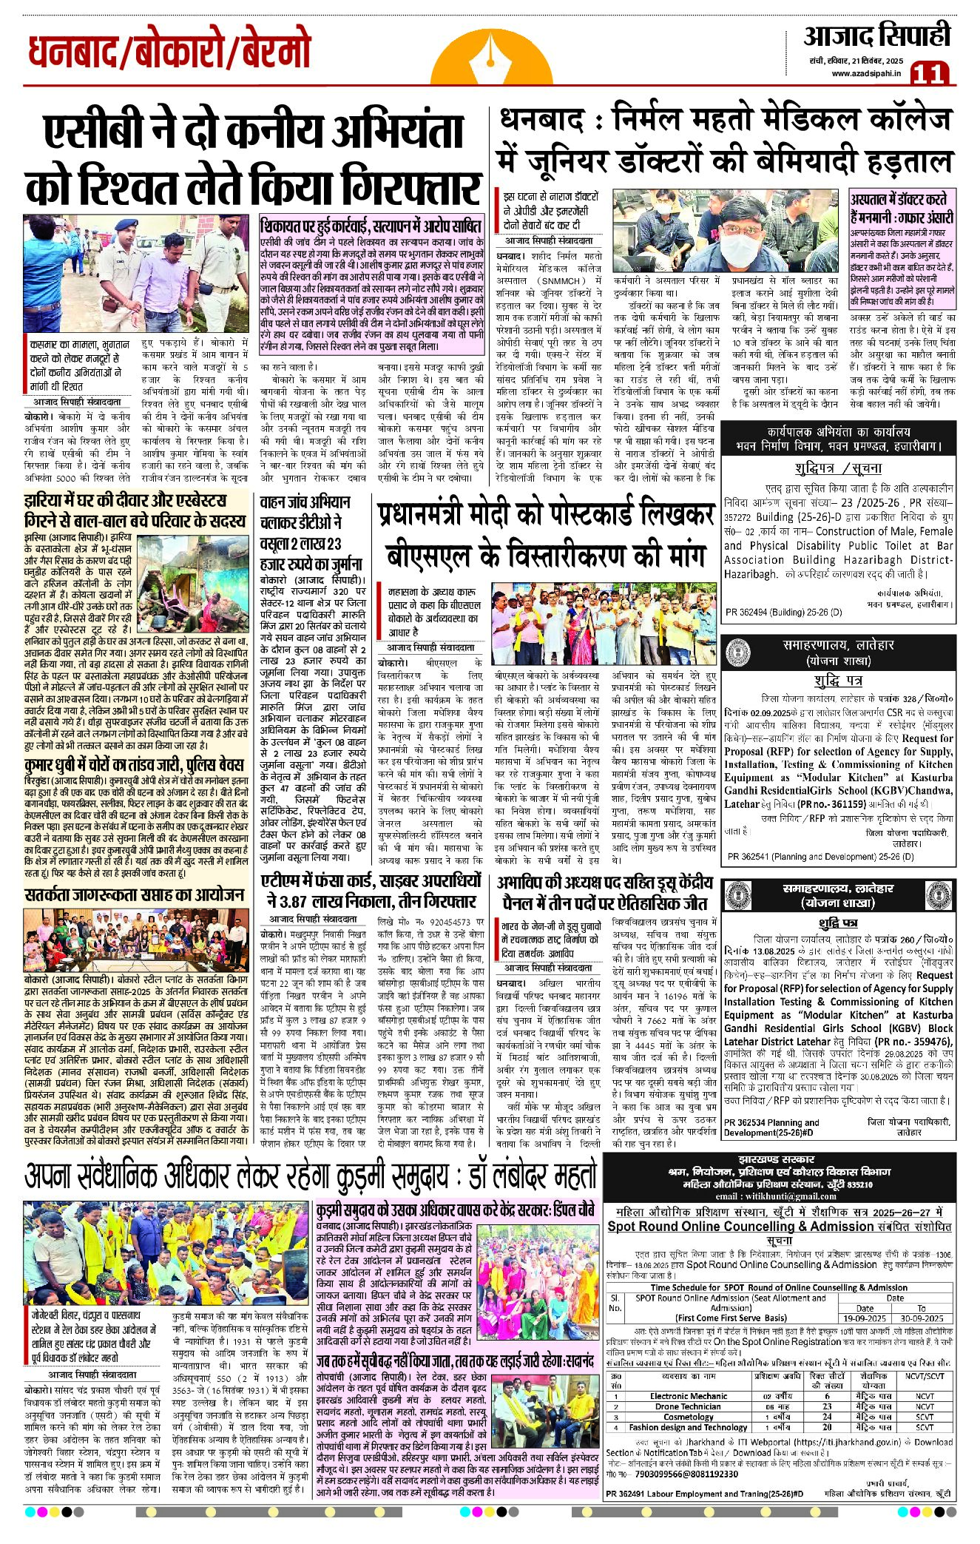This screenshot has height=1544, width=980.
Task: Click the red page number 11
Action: point(929,73)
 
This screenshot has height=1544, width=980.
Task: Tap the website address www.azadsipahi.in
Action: point(866,73)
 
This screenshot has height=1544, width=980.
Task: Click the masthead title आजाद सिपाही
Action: point(876,36)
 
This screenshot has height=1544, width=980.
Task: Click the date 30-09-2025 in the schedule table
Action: point(922,1318)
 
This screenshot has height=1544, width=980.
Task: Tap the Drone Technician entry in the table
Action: point(688,1406)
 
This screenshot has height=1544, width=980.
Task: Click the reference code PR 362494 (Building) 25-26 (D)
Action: point(783,612)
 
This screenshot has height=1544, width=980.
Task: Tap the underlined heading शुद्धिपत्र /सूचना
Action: point(838,468)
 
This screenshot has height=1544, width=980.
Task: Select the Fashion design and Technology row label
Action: point(688,1427)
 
